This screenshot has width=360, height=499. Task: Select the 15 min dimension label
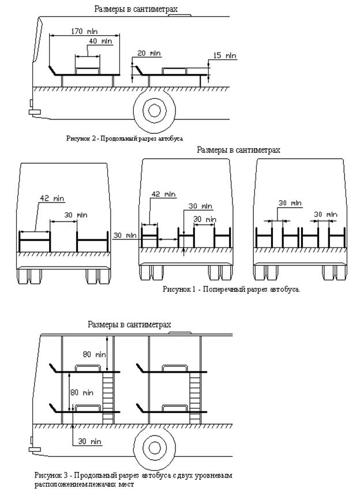[x=225, y=56]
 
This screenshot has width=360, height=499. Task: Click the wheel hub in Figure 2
[x=153, y=109]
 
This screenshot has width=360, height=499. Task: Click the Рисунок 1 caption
[x=231, y=288]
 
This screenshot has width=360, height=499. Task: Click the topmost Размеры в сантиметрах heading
[x=135, y=9]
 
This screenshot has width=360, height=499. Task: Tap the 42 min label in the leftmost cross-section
[x=52, y=198]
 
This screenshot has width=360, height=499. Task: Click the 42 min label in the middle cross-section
[x=163, y=194]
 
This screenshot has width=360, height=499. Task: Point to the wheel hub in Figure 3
[x=154, y=447]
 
